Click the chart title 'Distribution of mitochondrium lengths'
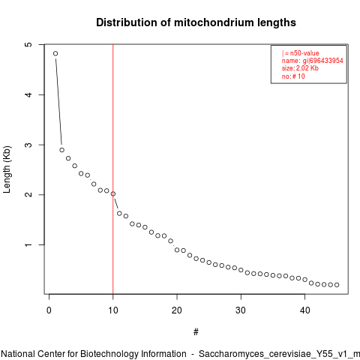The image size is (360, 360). (196, 22)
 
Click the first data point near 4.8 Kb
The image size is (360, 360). (55, 53)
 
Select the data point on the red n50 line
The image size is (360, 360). (113, 193)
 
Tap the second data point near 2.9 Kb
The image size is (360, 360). (61, 150)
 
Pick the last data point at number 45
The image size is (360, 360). (337, 285)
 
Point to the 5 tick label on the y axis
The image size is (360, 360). (29, 44)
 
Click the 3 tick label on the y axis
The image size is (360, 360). (29, 145)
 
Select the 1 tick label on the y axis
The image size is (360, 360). (29, 244)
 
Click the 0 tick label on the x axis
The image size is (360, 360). (49, 310)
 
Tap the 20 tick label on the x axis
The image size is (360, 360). (177, 310)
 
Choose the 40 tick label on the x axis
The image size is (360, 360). (304, 310)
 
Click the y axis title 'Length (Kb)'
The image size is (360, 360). (7, 169)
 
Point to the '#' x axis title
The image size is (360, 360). (196, 332)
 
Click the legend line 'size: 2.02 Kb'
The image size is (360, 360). (300, 68)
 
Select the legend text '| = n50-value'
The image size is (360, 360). (301, 53)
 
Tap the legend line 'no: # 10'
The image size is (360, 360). (293, 76)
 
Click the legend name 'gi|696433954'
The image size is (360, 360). (322, 61)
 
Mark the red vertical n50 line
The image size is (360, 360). (113, 169)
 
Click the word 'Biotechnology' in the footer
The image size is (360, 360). (109, 354)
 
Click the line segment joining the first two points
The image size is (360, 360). (58, 102)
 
